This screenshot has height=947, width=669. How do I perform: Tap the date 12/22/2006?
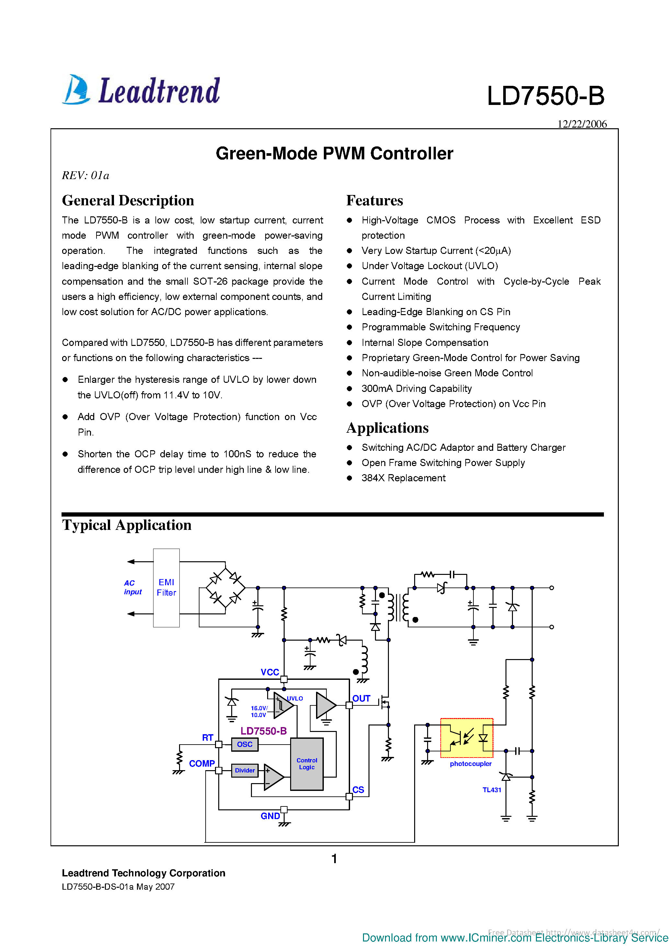click(582, 124)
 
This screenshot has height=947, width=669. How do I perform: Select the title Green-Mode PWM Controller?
click(334, 154)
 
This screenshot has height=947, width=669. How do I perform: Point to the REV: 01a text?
click(85, 176)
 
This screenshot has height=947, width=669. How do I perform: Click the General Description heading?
click(128, 200)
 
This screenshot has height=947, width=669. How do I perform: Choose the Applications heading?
click(387, 428)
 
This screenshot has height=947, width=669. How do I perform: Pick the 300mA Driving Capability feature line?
click(416, 389)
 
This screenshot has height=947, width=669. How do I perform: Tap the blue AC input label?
click(132, 587)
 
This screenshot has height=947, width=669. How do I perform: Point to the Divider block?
click(244, 770)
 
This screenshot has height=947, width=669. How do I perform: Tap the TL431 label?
click(492, 790)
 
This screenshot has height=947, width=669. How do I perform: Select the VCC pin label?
click(270, 672)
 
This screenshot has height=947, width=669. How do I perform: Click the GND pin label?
click(270, 816)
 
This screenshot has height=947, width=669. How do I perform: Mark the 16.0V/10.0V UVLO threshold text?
click(259, 712)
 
